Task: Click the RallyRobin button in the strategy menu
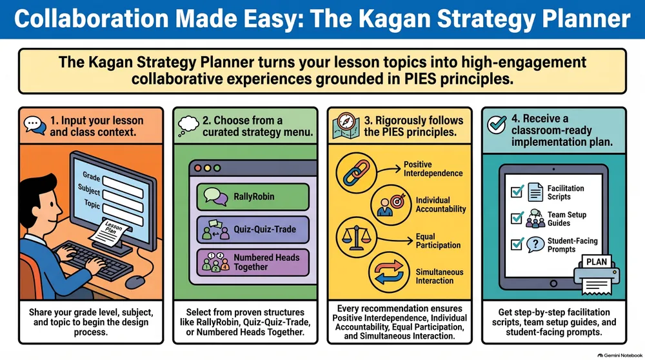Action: [253, 197]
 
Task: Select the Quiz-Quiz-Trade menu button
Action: [253, 230]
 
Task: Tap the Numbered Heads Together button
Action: [253, 262]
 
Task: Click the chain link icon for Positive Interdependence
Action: [356, 173]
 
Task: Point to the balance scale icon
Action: [356, 237]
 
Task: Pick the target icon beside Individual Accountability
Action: [391, 205]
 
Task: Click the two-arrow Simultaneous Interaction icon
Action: [389, 272]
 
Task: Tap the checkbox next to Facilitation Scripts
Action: [517, 192]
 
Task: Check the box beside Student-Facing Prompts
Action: [517, 245]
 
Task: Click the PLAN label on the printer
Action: [597, 262]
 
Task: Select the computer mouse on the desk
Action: [135, 282]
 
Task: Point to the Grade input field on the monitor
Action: [123, 186]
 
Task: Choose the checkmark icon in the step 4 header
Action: [497, 125]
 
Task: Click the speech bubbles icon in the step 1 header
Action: [35, 126]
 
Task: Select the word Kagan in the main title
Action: [388, 19]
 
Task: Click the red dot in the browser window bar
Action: [198, 168]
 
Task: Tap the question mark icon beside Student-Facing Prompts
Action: [535, 245]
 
